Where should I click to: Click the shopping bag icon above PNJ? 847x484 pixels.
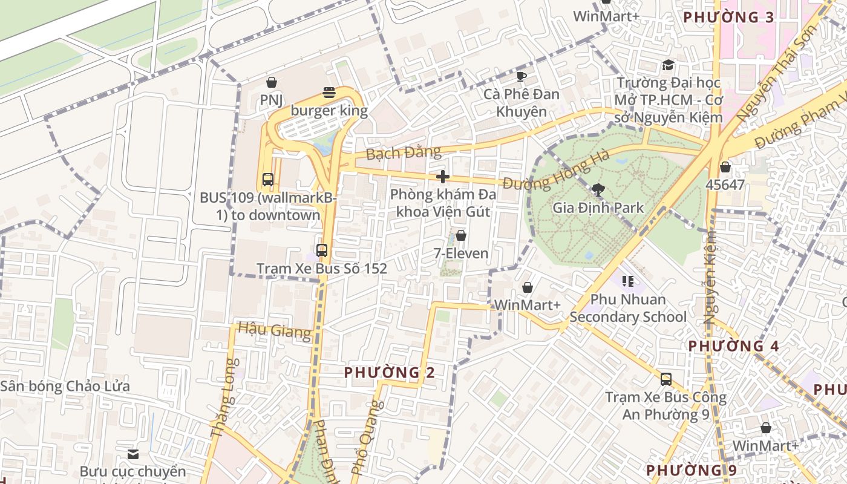tap(272, 82)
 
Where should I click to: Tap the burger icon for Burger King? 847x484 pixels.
tap(329, 93)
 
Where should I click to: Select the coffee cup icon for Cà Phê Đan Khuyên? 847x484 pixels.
tap(521, 76)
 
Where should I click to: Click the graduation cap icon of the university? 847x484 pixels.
tap(668, 65)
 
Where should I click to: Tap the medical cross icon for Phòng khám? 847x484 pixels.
tap(443, 177)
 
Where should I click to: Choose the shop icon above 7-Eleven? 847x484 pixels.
tap(461, 235)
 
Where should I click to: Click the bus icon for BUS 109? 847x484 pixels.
tap(268, 180)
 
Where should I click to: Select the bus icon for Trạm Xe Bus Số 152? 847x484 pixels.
tap(322, 250)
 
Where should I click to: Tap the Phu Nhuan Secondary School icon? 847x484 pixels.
tap(628, 281)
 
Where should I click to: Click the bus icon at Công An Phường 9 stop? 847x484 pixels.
tap(666, 379)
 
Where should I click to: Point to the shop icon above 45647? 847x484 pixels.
tap(725, 167)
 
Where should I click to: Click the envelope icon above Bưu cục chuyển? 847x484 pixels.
tap(133, 454)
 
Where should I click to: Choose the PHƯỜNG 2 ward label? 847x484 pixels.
tap(389, 373)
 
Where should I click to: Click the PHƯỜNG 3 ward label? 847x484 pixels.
tap(728, 17)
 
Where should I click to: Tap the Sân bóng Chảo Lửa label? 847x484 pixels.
tap(65, 386)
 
